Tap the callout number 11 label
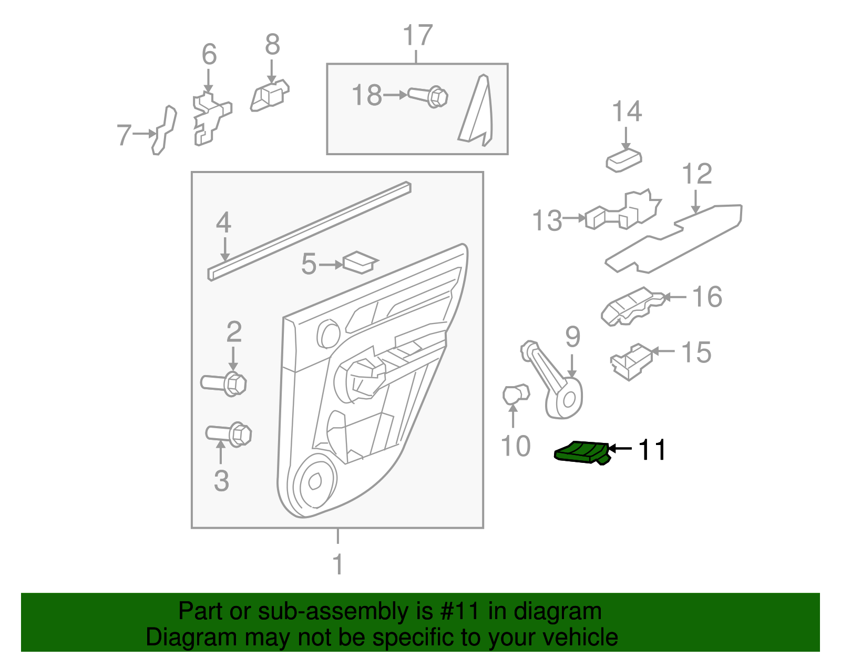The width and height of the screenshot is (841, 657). [x=652, y=450]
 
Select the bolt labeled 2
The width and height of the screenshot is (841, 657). [x=224, y=383]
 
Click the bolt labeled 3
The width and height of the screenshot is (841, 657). [x=229, y=434]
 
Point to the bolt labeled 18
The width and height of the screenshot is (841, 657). [x=428, y=97]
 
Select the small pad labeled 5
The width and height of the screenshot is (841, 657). [x=360, y=262]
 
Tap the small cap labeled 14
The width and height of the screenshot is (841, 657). [x=624, y=160]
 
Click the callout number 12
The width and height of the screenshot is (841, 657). [x=696, y=174]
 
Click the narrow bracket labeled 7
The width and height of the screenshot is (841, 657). [x=164, y=130]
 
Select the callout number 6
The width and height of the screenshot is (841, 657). [x=209, y=55]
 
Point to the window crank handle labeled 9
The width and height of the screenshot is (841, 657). [x=555, y=383]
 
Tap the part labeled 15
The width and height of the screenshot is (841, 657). [x=631, y=362]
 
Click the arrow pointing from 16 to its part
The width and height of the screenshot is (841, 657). [x=675, y=297]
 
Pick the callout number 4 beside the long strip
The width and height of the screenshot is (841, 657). [x=223, y=223]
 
